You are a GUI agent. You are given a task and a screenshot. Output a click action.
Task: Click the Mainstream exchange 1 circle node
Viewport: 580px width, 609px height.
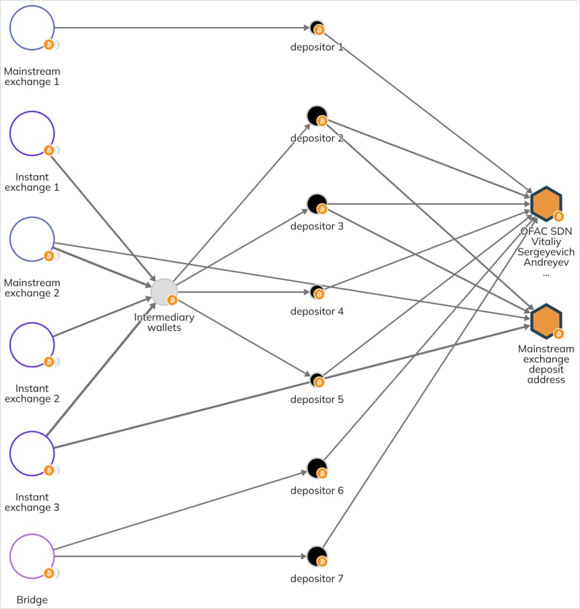[32, 28]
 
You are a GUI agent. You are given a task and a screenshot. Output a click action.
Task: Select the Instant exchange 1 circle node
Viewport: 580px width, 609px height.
[32, 133]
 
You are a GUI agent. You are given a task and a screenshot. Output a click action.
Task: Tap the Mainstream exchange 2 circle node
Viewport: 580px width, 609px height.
[32, 239]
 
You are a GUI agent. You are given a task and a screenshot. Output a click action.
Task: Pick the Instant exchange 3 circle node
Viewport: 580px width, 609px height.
[32, 453]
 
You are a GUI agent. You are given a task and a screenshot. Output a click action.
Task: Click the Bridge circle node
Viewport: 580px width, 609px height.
[32, 556]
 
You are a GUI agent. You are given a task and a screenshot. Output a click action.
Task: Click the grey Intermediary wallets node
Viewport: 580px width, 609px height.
[164, 292]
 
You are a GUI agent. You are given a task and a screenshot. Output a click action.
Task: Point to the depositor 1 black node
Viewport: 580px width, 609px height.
[317, 28]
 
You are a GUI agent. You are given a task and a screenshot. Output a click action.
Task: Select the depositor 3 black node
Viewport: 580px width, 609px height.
[317, 204]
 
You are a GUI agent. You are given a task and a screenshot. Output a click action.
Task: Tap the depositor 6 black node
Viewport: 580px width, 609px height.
[317, 468]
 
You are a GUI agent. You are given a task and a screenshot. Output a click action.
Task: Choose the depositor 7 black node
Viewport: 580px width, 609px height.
[317, 556]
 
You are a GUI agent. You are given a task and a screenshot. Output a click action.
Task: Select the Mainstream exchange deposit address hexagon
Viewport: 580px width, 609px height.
[546, 321]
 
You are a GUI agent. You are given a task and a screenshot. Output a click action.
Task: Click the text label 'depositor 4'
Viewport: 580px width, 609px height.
[317, 312]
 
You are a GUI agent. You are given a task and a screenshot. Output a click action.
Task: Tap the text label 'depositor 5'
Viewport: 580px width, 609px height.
[317, 400]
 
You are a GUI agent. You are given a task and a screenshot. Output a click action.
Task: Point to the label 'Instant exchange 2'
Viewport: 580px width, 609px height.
[32, 394]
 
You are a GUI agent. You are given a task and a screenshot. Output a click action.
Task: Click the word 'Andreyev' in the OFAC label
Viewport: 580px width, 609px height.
[546, 262]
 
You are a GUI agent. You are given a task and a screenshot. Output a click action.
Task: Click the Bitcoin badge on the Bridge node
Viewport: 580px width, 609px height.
[49, 573]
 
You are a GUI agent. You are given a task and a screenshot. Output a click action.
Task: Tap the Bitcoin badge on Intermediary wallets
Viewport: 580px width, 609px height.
[172, 300]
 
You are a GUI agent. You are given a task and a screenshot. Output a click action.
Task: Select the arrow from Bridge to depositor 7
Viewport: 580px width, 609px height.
[176, 556]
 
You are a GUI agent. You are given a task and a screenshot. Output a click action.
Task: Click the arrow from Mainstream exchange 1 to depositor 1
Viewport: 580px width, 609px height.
[176, 28]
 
